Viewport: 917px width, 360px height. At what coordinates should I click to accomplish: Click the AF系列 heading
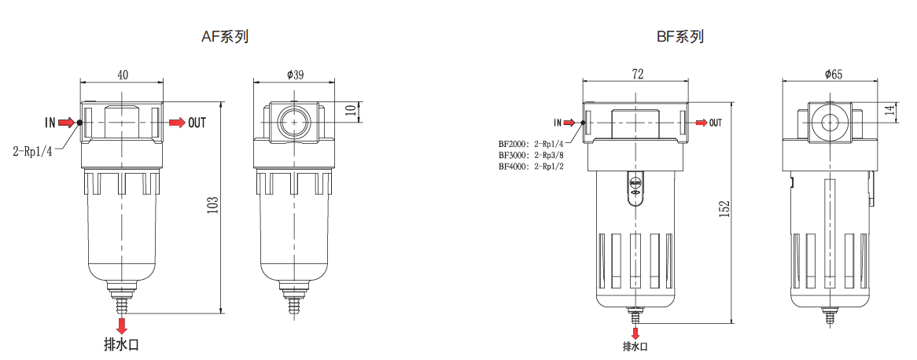tap(225, 37)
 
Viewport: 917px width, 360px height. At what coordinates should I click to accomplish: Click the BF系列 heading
tap(680, 37)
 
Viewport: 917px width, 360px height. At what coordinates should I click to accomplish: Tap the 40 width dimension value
tap(123, 74)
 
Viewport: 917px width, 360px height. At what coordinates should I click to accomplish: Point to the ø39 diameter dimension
tap(295, 74)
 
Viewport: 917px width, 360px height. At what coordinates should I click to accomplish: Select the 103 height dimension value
tap(213, 204)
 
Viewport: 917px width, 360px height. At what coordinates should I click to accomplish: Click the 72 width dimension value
tap(638, 74)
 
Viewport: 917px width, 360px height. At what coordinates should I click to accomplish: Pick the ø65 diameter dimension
tap(834, 74)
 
